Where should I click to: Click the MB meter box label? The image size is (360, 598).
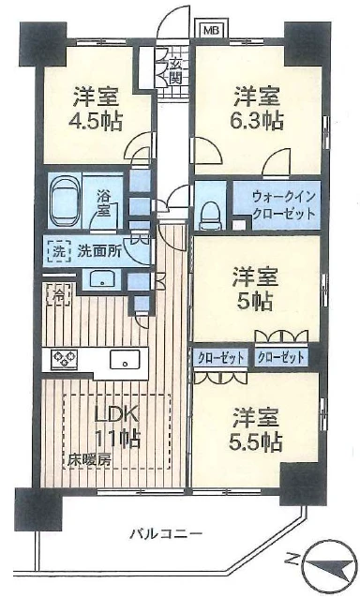(211, 30)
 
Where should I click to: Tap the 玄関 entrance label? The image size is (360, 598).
(175, 71)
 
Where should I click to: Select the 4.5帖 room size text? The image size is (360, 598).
(96, 123)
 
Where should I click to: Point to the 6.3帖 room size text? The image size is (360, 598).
(257, 121)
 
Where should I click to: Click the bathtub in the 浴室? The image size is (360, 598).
(65, 201)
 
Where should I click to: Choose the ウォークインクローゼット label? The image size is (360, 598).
(284, 204)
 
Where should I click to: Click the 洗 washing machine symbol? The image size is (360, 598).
(58, 251)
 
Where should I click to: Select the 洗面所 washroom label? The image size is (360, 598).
(99, 251)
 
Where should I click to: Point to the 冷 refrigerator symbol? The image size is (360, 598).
(59, 294)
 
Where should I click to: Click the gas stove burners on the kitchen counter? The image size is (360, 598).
(65, 359)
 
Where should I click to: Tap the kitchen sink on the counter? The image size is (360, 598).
(125, 359)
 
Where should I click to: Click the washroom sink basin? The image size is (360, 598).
(102, 279)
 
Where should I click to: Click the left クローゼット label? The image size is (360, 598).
(220, 358)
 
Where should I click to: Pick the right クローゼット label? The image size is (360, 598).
(280, 357)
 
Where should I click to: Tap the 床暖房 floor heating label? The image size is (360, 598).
(90, 460)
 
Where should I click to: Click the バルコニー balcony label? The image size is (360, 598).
(166, 533)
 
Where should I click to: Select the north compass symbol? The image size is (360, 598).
(329, 563)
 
